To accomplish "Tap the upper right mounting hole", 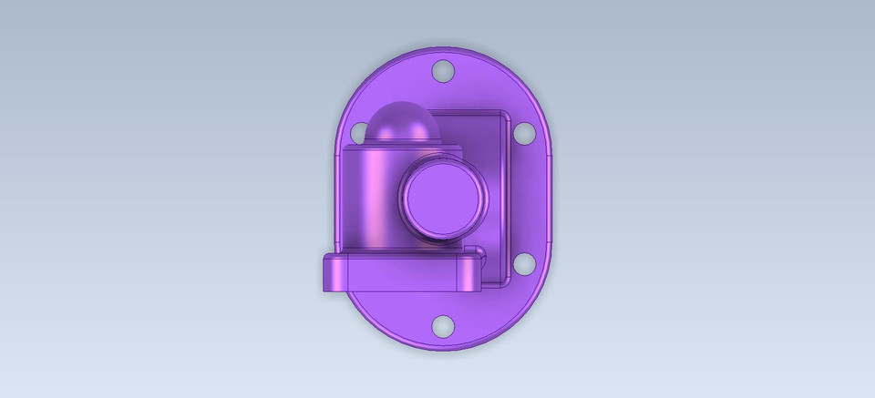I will [x=524, y=132].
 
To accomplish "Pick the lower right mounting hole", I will [x=524, y=264].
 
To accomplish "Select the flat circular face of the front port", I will [x=442, y=197].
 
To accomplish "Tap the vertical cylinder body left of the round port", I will [x=369, y=196].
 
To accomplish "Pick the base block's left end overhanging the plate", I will [x=334, y=273].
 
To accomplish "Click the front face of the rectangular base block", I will [x=401, y=277].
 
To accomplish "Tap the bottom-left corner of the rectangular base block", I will [x=325, y=291].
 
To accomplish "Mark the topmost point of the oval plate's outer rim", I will [x=444, y=47].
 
